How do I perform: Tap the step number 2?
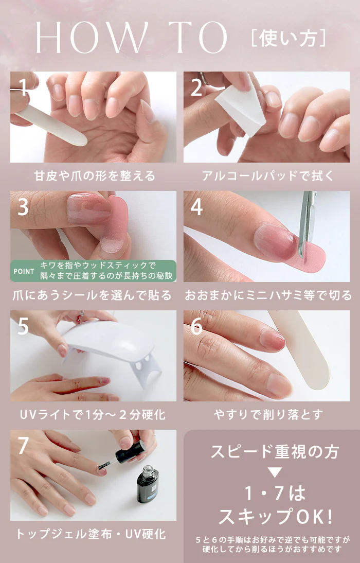(x=196, y=87)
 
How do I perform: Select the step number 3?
(x=23, y=207)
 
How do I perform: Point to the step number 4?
(x=196, y=207)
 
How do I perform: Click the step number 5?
(x=23, y=326)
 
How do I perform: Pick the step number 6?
(x=196, y=326)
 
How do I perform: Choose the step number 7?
(x=23, y=446)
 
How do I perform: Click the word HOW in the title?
(x=92, y=38)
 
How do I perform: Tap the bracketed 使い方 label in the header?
(x=289, y=38)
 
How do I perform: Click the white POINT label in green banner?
(x=24, y=271)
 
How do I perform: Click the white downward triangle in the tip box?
(x=275, y=472)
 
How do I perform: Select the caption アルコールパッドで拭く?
(x=268, y=175)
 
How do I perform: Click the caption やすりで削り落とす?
(x=268, y=415)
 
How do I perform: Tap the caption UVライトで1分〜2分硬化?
(x=93, y=415)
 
